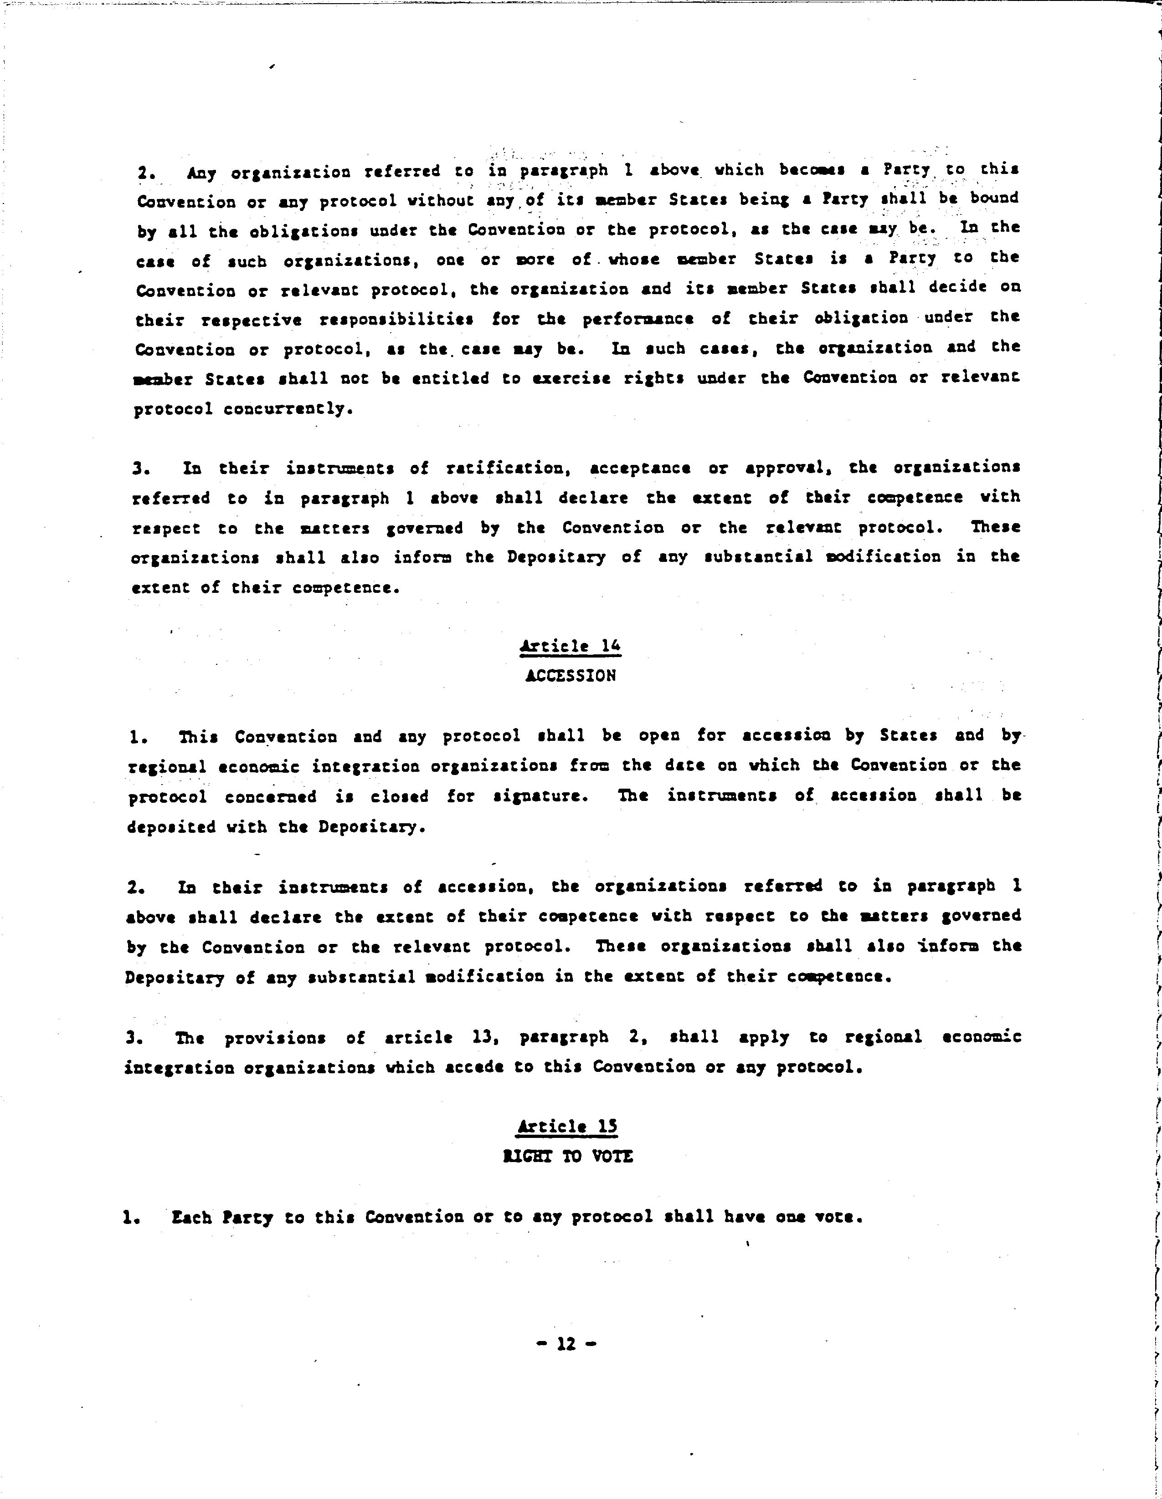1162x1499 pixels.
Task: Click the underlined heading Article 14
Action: point(570,646)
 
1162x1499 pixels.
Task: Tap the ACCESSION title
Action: point(570,676)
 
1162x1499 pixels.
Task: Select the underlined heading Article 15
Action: point(567,1127)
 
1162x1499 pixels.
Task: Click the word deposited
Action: point(172,827)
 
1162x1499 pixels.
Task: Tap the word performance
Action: point(638,320)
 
